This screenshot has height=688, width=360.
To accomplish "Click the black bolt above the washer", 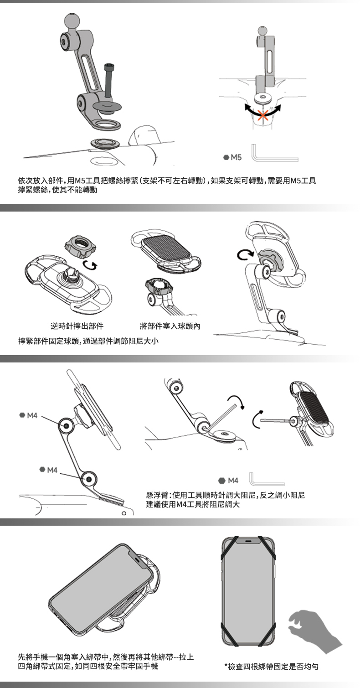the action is pos(108,80).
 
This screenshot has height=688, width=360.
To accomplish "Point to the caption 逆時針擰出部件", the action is pos(77,326).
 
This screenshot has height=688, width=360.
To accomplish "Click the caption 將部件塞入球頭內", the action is pos(170,326).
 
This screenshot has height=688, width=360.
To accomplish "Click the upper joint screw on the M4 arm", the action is pos(66,426).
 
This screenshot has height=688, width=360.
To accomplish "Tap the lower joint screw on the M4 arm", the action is pos(89,479).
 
